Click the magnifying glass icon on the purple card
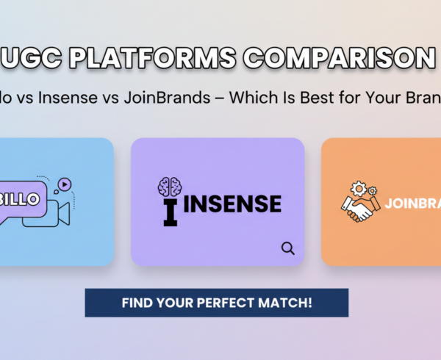pos(287,248)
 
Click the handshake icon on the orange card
pos(359,209)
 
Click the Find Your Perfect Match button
pos(216,303)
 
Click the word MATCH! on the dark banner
pos(292,303)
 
